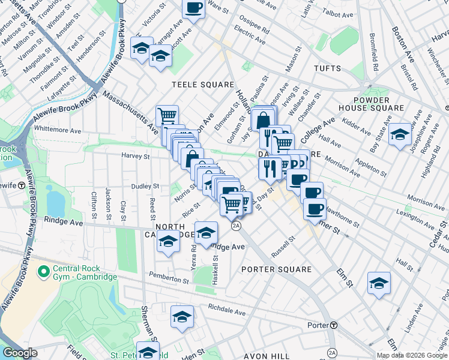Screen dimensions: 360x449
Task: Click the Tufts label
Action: [x=327, y=69]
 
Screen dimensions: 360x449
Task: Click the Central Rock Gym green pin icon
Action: [x=43, y=272]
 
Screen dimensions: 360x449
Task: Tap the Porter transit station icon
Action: [x=334, y=325]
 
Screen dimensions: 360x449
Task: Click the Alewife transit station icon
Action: [x=21, y=185]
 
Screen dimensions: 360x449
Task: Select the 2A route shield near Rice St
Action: [x=236, y=226]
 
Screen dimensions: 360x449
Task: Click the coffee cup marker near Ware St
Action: [x=194, y=9]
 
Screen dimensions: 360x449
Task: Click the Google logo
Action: [x=20, y=353]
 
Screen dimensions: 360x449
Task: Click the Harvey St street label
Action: [x=135, y=156]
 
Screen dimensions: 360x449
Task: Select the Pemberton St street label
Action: [x=170, y=278]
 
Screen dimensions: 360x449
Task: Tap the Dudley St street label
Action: [x=145, y=187]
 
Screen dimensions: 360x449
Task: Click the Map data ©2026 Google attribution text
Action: [x=412, y=355]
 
